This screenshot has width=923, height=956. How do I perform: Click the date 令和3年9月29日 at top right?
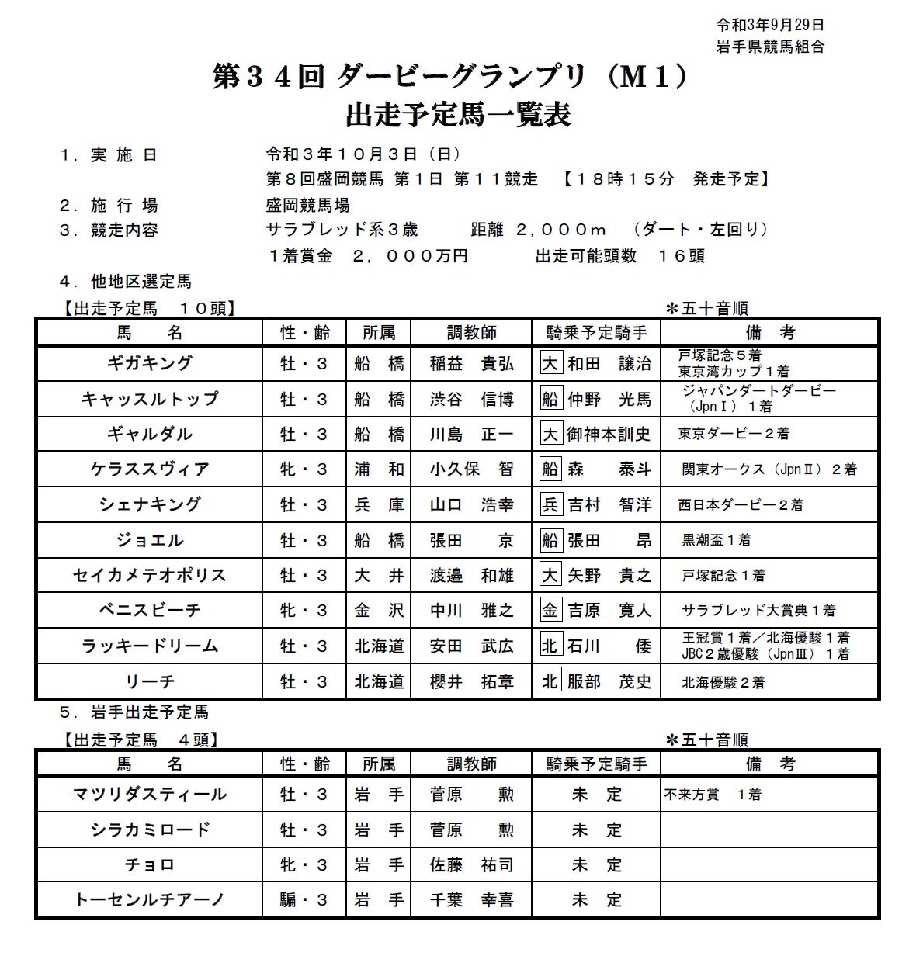[769, 25]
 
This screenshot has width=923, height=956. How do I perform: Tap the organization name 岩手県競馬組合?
[769, 47]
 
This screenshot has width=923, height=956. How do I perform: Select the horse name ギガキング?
[150, 363]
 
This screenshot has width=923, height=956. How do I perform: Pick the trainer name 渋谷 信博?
[471, 399]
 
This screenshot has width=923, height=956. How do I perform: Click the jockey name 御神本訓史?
[609, 435]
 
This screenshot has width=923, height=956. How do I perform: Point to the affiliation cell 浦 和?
[379, 469]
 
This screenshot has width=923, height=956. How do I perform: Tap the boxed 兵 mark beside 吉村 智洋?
[550, 505]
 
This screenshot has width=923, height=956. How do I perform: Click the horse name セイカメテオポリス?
[150, 575]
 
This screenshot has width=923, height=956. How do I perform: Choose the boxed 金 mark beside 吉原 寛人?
[550, 611]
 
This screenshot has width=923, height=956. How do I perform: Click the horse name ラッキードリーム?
[150, 646]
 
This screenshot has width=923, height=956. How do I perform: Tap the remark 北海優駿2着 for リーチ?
[723, 682]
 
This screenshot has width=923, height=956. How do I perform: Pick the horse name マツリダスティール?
[150, 794]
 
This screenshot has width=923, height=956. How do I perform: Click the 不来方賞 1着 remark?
[713, 795]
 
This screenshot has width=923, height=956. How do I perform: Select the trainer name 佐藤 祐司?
[471, 864]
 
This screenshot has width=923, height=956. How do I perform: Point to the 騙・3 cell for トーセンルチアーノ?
[304, 900]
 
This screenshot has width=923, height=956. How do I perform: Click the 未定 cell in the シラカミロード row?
[596, 830]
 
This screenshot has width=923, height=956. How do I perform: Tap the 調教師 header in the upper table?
[471, 333]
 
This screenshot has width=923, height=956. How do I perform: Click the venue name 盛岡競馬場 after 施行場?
[307, 206]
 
